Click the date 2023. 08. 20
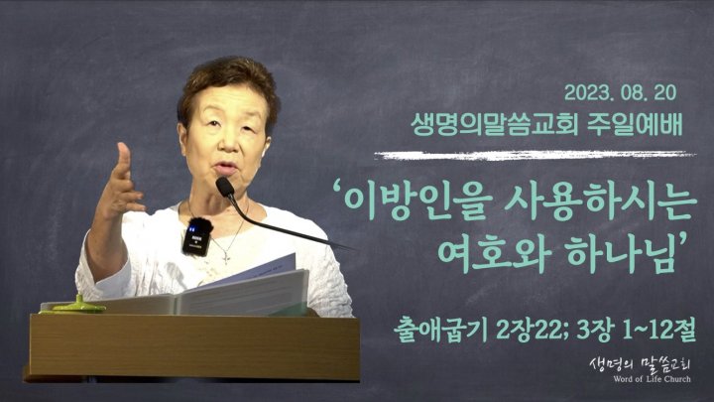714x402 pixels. [620, 93]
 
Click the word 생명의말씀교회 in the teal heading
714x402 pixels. [495, 125]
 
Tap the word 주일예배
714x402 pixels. [635, 125]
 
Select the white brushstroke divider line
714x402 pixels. [535, 156]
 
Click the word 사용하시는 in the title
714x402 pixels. [601, 203]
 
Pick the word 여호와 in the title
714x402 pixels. [491, 256]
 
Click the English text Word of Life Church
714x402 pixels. [652, 379]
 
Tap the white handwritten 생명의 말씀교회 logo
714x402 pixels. [641, 364]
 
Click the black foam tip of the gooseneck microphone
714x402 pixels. [225, 187]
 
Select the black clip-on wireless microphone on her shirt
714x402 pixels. [197, 236]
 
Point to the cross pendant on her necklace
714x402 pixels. [226, 258]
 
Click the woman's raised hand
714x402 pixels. [120, 185]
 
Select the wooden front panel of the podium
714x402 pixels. [194, 346]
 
